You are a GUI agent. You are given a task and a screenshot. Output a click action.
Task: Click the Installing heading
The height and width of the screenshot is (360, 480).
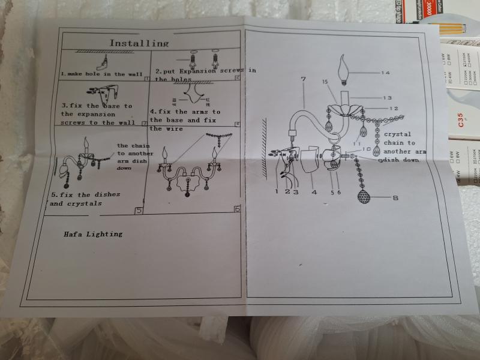pyautogui.click(x=139, y=43)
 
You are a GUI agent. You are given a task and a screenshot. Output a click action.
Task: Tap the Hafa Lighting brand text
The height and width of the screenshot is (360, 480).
pyautogui.click(x=94, y=234)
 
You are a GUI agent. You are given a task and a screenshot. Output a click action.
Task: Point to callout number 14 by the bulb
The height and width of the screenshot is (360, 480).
pyautogui.click(x=385, y=73)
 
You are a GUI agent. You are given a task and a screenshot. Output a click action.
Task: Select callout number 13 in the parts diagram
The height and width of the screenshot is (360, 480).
pyautogui.click(x=387, y=98)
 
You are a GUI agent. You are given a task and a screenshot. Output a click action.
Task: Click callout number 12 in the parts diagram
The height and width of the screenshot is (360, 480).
pyautogui.click(x=394, y=109)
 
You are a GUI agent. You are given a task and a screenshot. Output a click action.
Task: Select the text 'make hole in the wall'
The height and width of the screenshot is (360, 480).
pyautogui.click(x=107, y=74)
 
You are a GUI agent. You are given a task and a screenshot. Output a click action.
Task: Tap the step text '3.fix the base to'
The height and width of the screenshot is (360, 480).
pyautogui.click(x=97, y=106)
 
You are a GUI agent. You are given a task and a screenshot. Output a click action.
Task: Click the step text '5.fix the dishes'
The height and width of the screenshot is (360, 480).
pyautogui.click(x=85, y=194)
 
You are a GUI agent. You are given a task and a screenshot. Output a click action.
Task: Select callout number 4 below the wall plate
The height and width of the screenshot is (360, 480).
pyautogui.click(x=314, y=192)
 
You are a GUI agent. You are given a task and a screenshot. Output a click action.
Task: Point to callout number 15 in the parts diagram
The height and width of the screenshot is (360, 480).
pyautogui.click(x=324, y=82)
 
